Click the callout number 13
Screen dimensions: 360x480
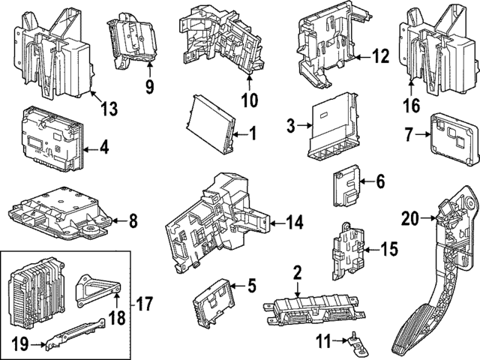click(109, 109)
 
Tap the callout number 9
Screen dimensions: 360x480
click(149, 87)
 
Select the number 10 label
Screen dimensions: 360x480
click(249, 99)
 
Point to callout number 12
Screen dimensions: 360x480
click(380, 55)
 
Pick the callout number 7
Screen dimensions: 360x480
click(409, 136)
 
